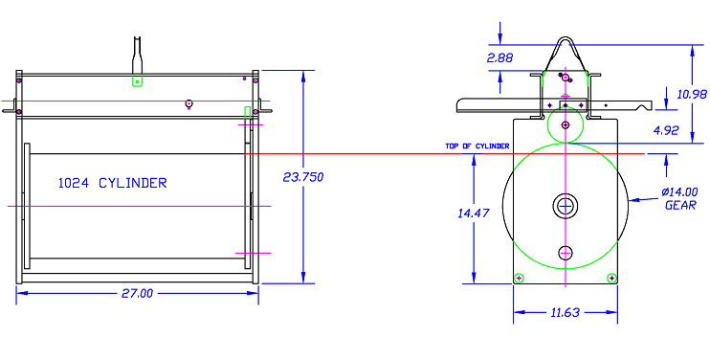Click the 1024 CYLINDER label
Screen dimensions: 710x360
(x=112, y=183)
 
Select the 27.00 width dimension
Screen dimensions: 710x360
(x=137, y=293)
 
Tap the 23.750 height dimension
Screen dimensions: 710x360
(x=303, y=177)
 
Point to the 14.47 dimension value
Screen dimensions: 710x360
(x=474, y=213)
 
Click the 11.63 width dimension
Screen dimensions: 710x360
(x=566, y=312)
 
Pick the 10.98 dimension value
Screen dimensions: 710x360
(x=692, y=94)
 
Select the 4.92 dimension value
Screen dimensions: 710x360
(x=666, y=130)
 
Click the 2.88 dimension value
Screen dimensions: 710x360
(x=499, y=58)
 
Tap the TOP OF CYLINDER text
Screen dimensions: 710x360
(x=477, y=146)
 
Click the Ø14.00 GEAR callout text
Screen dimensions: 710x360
(x=680, y=198)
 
